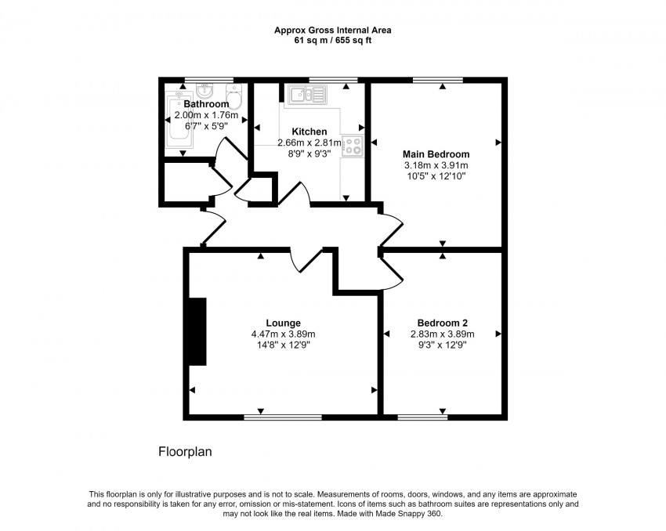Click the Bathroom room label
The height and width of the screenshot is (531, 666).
[206, 104]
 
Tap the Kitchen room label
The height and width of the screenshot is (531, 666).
[309, 132]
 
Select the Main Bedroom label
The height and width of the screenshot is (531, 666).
[436, 154]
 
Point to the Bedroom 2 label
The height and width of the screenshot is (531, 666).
[443, 323]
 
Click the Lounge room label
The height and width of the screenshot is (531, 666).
[283, 323]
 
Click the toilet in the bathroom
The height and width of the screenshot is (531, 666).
[234, 99]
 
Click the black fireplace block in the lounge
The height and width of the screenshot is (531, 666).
[197, 331]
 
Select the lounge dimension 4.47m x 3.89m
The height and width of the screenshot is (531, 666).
[283, 334]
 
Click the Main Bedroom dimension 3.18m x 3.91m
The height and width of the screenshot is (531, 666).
[436, 166]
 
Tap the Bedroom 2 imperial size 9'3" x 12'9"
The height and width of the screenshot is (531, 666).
[443, 345]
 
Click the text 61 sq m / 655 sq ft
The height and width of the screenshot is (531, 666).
[333, 41]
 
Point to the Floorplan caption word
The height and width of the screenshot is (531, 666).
[186, 452]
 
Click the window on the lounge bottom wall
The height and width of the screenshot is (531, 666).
[282, 417]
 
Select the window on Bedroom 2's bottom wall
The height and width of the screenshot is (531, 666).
[422, 417]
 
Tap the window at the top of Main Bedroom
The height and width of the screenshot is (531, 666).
[437, 79]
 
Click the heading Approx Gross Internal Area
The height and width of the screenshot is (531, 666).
[333, 31]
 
